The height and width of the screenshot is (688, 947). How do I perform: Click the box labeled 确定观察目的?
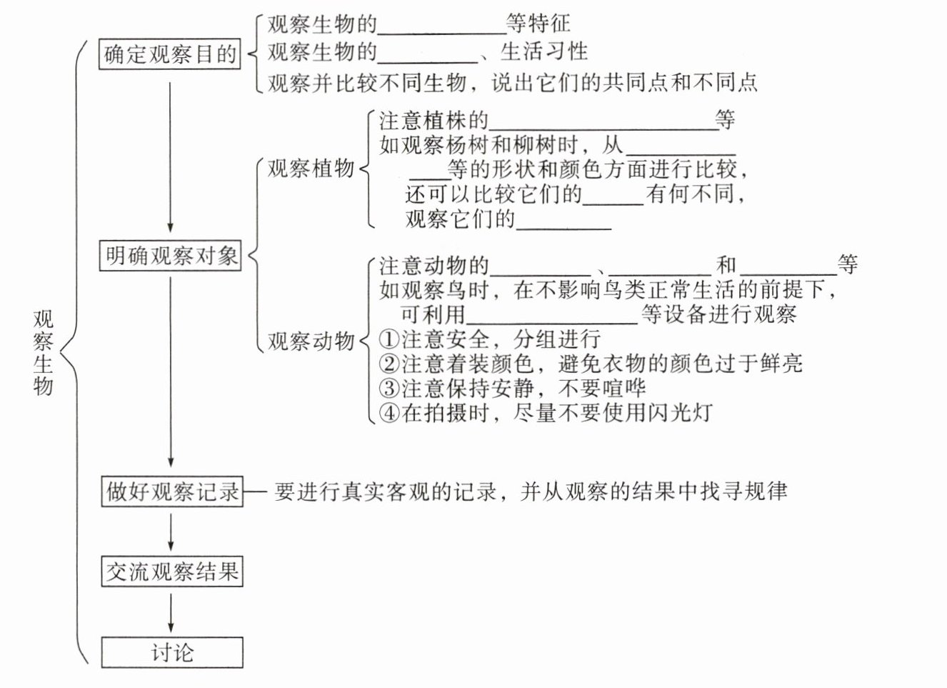pyautogui.click(x=169, y=54)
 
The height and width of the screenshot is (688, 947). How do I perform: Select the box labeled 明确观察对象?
pyautogui.click(x=170, y=256)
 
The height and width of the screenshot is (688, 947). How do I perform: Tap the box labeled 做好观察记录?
pyautogui.click(x=171, y=492)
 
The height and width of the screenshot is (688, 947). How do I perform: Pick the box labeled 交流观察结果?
pyautogui.click(x=171, y=572)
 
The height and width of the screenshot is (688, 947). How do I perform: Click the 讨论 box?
pyautogui.click(x=171, y=652)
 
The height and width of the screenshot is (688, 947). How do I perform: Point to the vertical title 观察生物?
pyautogui.click(x=43, y=352)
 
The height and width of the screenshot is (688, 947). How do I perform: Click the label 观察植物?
pyautogui.click(x=311, y=169)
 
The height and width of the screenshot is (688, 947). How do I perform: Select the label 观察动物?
pyautogui.click(x=311, y=341)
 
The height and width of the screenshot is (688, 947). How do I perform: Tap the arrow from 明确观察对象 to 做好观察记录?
pyautogui.click(x=171, y=372)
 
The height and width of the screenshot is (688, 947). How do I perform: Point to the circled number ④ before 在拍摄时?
pyautogui.click(x=389, y=412)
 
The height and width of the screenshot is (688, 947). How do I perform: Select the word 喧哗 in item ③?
pyautogui.click(x=623, y=388)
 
